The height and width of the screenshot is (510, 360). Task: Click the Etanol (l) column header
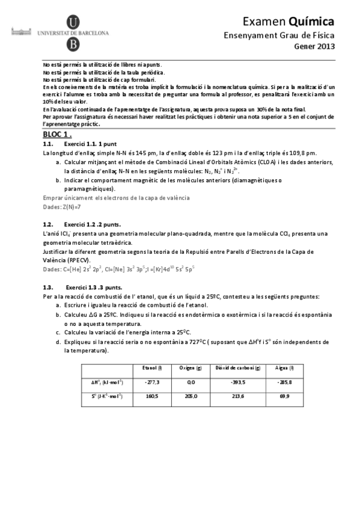(x=150, y=367)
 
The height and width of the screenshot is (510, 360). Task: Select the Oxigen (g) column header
(x=191, y=367)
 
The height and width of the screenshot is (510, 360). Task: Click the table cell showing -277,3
(x=151, y=381)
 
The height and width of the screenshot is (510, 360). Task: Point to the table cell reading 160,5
(x=151, y=396)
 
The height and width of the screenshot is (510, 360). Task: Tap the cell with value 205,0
(x=191, y=396)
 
